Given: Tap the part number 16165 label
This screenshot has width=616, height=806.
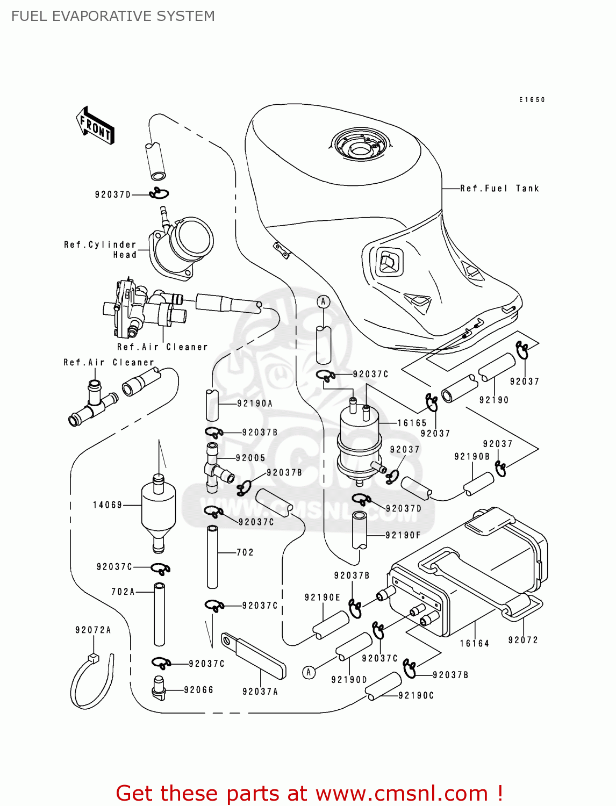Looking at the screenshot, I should click(x=412, y=423).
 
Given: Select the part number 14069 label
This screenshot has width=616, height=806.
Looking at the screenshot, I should click(x=108, y=505).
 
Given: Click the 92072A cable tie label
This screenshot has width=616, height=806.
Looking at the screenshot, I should click(x=93, y=630).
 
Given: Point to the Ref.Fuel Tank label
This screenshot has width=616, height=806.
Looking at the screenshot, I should click(x=499, y=189).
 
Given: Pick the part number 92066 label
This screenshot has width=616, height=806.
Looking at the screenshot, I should click(x=198, y=690).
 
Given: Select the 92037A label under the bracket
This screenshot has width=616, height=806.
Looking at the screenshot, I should click(x=260, y=692).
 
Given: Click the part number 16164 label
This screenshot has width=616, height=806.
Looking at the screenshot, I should click(x=475, y=643).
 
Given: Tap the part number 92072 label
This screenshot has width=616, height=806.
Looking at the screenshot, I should click(x=523, y=640).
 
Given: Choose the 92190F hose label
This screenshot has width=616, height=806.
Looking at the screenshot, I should click(x=403, y=535).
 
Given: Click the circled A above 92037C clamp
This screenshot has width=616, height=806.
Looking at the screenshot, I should click(x=323, y=302).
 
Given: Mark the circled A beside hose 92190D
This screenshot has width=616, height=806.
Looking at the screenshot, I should click(x=309, y=672).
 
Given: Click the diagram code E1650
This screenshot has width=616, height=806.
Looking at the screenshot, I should click(x=532, y=100).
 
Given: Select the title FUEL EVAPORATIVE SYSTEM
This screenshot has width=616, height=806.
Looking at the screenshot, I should click(x=113, y=16).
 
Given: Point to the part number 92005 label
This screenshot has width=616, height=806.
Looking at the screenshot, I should click(x=250, y=458).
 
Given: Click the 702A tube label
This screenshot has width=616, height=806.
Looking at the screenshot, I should click(x=123, y=592).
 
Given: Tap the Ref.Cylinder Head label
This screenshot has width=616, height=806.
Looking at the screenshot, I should click(x=101, y=250).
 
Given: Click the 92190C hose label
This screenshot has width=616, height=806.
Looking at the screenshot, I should click(x=416, y=695).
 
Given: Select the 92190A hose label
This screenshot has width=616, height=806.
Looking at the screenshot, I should click(x=255, y=404).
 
